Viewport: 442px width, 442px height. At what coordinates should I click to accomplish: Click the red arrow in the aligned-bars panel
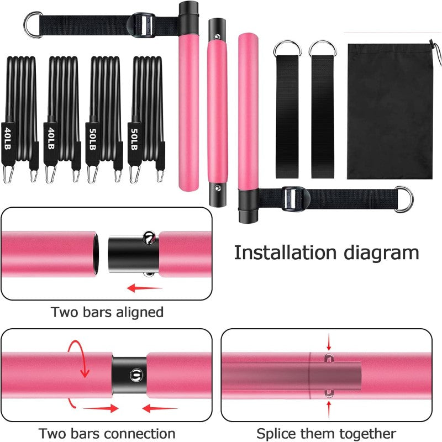(x=144, y=288)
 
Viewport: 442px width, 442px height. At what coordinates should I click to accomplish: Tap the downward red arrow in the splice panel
(x=329, y=339)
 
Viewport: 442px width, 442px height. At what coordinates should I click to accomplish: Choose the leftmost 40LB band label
(x=8, y=137)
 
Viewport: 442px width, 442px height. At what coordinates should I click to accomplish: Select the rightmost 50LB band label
(x=134, y=138)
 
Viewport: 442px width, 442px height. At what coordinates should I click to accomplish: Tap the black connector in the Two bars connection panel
(x=129, y=372)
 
